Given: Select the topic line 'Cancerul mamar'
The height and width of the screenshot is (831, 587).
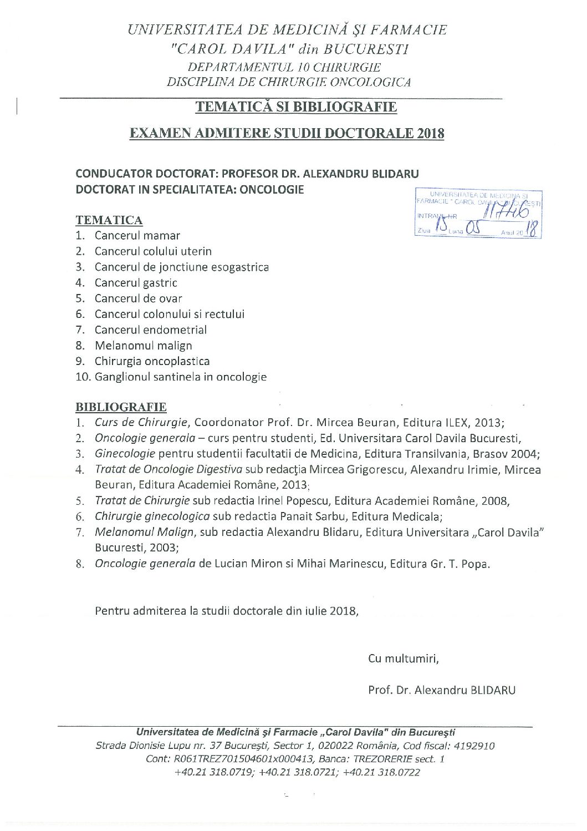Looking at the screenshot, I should [137, 236].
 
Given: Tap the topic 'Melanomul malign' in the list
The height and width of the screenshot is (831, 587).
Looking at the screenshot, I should [143, 346].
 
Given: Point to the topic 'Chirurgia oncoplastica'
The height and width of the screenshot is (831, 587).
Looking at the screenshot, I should [152, 361].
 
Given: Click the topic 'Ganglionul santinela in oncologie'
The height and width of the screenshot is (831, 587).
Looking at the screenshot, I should [180, 377].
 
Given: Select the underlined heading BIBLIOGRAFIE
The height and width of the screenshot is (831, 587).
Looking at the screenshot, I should [121, 407].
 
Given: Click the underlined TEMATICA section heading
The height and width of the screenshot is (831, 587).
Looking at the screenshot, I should [109, 220].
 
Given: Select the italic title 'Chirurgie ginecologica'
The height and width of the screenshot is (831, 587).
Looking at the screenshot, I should [152, 516].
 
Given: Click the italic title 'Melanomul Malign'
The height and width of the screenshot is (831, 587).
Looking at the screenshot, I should [144, 533].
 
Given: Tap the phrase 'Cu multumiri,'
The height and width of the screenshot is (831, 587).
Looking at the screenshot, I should [404, 659].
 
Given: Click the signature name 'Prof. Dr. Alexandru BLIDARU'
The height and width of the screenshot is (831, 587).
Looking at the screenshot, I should [442, 691].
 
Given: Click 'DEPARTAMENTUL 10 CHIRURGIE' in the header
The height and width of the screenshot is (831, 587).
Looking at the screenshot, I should [285, 68].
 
